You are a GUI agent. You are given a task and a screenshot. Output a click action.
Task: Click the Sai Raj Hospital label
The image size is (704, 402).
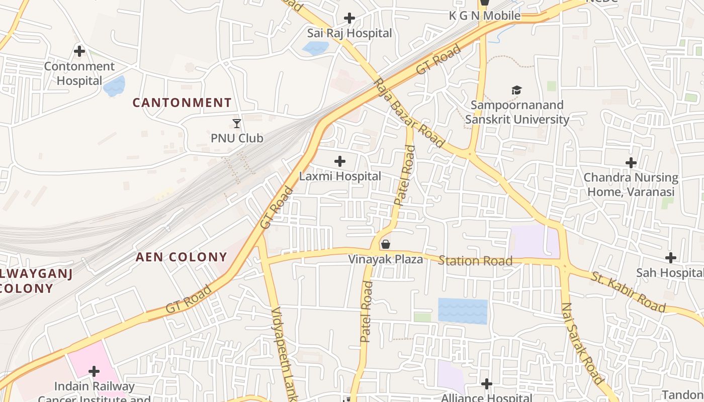coord(349,33)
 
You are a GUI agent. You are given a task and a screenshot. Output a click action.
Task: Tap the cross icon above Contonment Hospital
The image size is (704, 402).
coord(79,51)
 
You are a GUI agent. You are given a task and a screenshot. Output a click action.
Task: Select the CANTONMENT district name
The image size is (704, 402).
coord(182,103)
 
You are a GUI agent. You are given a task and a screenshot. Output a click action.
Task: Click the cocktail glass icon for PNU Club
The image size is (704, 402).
coord(237,123)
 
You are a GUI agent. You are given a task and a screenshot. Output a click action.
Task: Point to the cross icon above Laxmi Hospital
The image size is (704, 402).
coord(340,161)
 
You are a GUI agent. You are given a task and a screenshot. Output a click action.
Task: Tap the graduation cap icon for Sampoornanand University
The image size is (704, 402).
coord(516,90)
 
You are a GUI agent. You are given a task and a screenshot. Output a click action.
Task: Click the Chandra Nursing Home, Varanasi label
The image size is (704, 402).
coord(631,184)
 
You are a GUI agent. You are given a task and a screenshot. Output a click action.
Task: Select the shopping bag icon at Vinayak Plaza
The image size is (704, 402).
coord(386,244)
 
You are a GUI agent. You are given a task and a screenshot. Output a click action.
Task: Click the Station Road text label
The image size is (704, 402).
coord(475,260)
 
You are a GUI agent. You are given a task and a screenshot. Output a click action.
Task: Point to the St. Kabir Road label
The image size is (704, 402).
coord(628,292)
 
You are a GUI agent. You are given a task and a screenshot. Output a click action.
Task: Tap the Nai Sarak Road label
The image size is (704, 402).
coord(581,343)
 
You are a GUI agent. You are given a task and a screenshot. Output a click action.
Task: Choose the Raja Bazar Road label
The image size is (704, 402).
coord(409,113)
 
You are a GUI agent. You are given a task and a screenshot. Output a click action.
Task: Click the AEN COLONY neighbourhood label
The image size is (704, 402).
coord(182,257)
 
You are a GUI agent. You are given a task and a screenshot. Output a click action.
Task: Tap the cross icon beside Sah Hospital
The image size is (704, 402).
coord(670,258)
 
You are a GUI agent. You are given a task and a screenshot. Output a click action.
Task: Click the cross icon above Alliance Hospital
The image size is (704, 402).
coord(486,384)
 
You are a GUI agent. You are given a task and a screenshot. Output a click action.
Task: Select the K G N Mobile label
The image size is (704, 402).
coord(484,16)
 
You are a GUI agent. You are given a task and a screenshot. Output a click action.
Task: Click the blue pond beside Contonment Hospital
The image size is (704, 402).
coord(114,86)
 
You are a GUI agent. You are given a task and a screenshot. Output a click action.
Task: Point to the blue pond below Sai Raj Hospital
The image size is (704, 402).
coord(316,48)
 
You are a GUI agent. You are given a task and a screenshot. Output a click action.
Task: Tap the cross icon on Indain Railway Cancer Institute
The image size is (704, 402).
coord(94,371)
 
